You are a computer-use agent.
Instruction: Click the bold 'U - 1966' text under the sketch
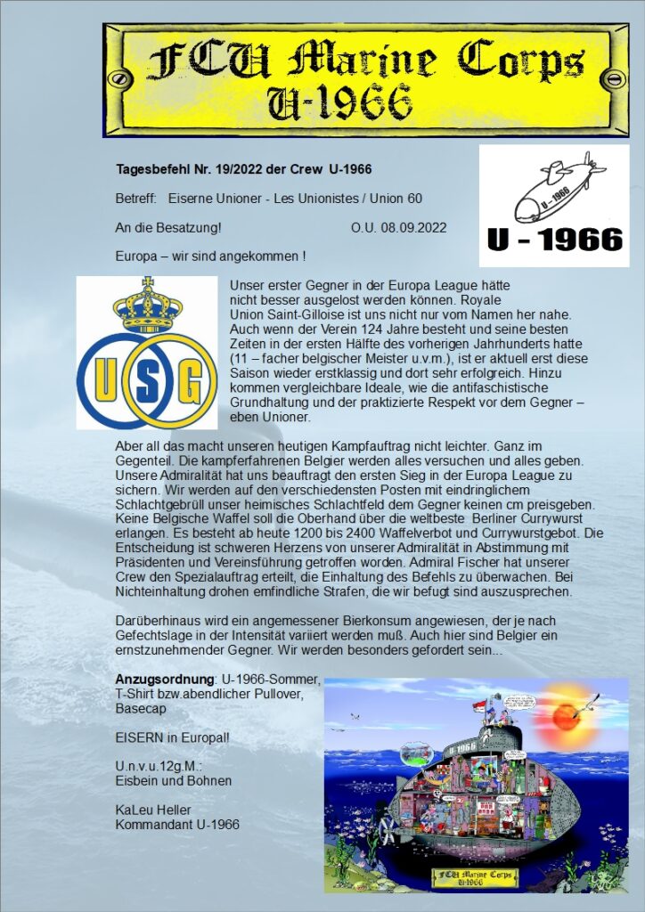[554, 239]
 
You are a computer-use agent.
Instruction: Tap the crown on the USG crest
[147, 305]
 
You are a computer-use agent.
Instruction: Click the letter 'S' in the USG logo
[147, 379]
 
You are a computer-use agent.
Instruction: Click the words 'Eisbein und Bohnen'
[174, 780]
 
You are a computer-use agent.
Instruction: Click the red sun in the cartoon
[571, 715]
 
